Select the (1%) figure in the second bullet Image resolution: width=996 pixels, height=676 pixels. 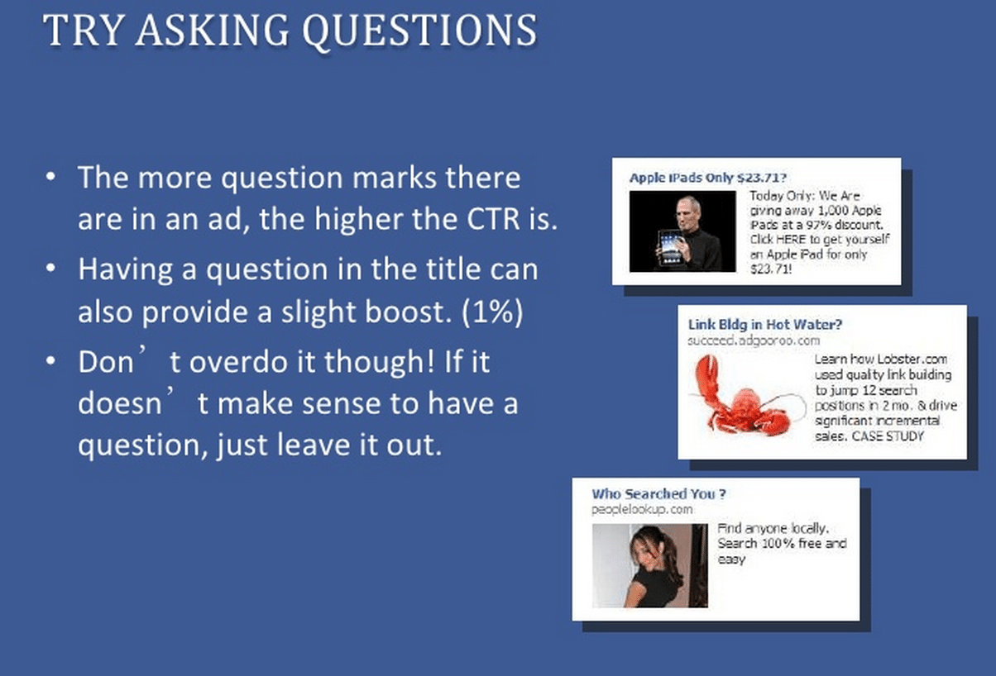coord(492,315)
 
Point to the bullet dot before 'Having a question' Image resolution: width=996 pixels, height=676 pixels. coord(52,270)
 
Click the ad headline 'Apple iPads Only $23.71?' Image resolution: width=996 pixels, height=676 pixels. coord(707,178)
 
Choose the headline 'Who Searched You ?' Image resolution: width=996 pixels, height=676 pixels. coord(659,493)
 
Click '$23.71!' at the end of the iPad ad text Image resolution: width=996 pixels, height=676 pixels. coord(770,269)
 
